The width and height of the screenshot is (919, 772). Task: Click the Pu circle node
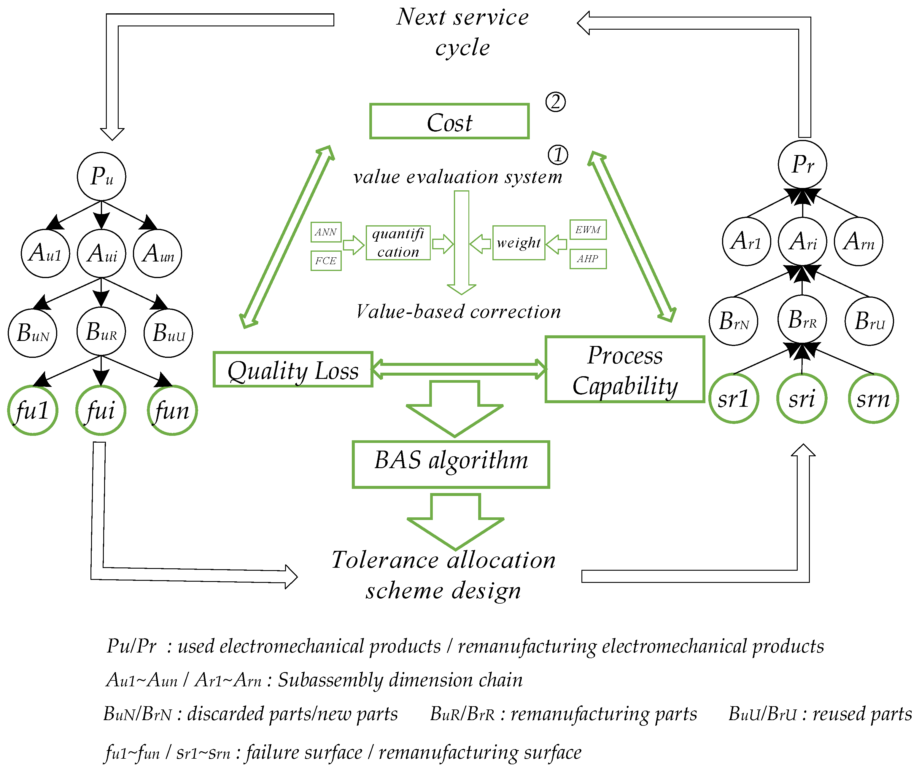101,177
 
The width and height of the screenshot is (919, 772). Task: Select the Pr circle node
802,165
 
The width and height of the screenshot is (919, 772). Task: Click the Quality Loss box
293,370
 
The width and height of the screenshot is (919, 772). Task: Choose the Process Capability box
624,369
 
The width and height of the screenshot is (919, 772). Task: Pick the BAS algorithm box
451,464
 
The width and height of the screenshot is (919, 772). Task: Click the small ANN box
326,232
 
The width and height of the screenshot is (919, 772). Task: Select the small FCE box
326,261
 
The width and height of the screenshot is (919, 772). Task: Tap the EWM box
588,230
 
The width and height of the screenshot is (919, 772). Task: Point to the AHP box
588,259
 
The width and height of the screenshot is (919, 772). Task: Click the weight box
519,243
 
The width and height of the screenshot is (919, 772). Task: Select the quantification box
398,243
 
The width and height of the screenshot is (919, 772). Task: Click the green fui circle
101,411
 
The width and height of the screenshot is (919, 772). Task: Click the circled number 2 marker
555,102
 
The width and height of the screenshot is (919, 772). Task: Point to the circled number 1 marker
558,155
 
